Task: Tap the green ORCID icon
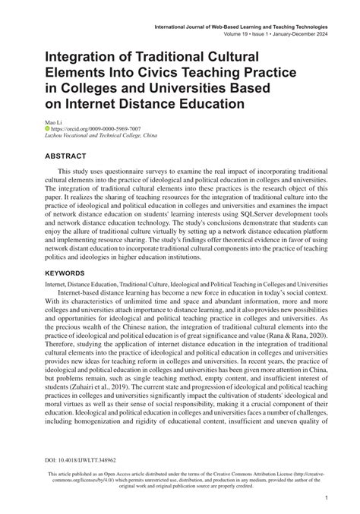[x=48, y=129]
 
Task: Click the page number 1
[x=326, y=497]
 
